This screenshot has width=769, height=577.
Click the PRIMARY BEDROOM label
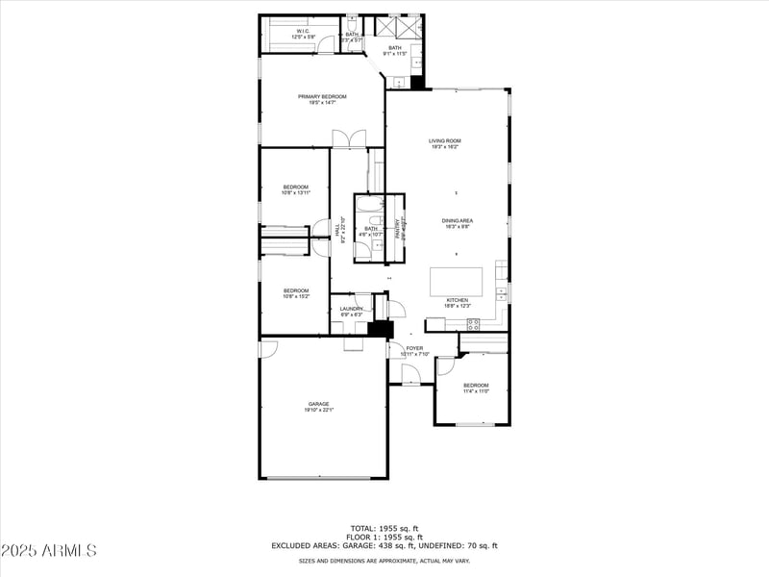321,96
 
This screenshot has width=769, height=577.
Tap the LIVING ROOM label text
444,141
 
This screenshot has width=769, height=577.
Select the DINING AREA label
457,220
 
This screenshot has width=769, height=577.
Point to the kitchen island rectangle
456,281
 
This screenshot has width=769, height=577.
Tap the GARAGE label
318,404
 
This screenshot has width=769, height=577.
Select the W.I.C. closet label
303,32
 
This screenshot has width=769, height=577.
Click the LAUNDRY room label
351,309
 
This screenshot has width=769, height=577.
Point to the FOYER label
414,348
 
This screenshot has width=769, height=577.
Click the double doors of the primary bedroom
348,138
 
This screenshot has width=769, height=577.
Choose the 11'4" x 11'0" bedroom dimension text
477,391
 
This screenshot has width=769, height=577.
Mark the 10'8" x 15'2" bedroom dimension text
295,296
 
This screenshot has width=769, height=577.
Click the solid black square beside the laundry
382,329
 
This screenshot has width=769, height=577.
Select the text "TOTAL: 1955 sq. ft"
384,528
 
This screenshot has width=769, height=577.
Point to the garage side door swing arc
268,348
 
